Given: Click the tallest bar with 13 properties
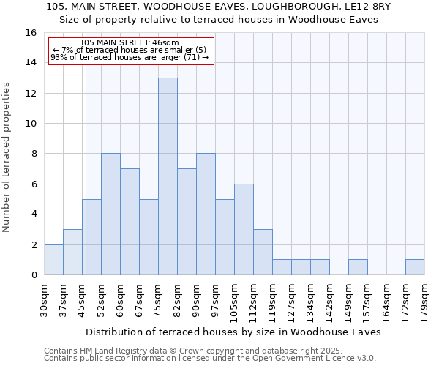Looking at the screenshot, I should coord(168,176).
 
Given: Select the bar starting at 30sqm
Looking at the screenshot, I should coord(53,260).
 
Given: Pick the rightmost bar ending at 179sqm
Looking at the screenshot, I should coord(415,267).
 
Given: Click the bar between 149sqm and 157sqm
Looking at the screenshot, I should coord(358,267).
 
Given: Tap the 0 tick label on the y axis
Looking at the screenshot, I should coord(34,275).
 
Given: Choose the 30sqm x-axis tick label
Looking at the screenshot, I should coord(44,299).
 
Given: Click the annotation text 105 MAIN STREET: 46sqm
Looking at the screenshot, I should coord(129,43).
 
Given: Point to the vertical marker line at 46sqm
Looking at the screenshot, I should coord(86,168).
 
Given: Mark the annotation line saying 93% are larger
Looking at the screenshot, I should coord(130,57).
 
